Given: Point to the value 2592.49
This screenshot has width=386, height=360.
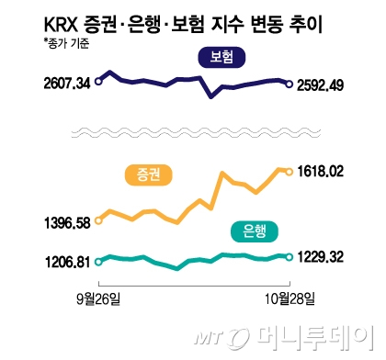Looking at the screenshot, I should tap(329, 85).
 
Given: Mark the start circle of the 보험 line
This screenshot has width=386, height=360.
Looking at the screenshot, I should tap(99, 81).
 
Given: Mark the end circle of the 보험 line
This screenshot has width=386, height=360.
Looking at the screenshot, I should tap(289, 85).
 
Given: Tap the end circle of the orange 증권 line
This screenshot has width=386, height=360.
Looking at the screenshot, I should tap(289, 171).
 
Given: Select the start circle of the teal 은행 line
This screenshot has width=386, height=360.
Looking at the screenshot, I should tap(99, 261).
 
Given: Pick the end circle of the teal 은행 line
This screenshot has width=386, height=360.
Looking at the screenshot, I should tap(289, 257).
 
